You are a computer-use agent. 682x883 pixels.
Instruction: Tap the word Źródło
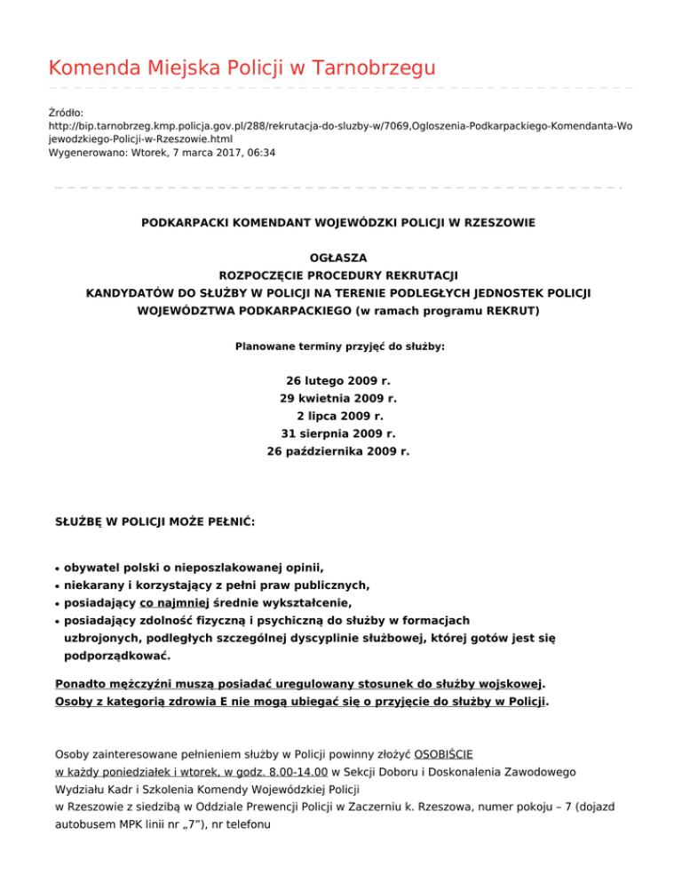click(66, 113)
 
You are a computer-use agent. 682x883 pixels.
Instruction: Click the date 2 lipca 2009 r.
click(340, 416)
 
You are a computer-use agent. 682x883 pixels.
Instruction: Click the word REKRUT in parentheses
click(512, 311)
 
